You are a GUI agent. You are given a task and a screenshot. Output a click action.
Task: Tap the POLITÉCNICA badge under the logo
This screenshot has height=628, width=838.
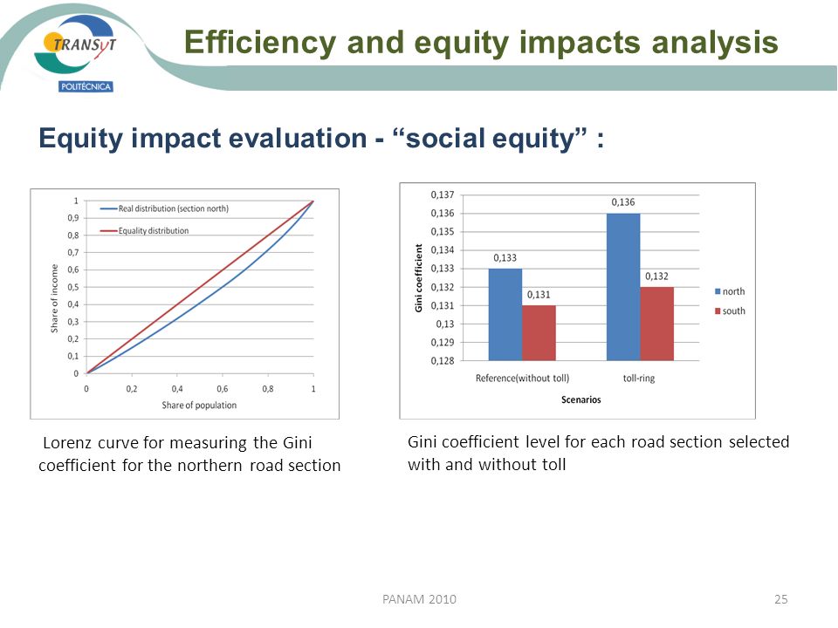click(86, 86)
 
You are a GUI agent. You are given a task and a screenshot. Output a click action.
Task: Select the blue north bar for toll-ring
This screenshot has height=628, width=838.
click(623, 287)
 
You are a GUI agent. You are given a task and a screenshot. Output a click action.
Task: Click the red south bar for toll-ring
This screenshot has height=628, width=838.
click(656, 324)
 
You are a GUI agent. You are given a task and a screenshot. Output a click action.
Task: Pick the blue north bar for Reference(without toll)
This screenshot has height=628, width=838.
click(505, 315)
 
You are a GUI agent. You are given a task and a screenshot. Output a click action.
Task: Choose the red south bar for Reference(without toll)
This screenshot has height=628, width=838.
click(539, 333)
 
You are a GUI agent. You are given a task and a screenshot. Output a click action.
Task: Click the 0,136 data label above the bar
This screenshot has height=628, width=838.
click(623, 202)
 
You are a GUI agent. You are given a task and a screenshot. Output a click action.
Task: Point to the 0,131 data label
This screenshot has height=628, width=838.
click(539, 295)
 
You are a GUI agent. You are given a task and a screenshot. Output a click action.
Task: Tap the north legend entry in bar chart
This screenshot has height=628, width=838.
click(730, 291)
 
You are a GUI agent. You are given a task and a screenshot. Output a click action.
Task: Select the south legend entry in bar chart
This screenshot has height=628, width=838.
click(730, 311)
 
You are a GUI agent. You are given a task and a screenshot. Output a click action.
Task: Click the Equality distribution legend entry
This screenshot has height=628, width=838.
click(144, 230)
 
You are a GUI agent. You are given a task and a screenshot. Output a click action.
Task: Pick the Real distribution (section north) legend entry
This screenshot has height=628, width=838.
click(164, 208)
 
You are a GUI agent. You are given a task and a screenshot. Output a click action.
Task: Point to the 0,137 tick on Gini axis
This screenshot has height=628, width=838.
click(443, 195)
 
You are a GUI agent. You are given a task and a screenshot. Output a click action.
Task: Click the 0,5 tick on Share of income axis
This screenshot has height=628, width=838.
click(73, 287)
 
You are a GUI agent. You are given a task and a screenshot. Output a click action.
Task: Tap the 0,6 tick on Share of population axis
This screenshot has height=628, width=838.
click(223, 389)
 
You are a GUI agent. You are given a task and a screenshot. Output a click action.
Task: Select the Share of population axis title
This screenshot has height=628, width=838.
click(199, 406)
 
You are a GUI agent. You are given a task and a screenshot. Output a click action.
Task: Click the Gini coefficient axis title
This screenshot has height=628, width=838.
click(418, 277)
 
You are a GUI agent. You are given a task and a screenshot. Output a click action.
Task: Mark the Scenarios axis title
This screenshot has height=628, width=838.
click(581, 399)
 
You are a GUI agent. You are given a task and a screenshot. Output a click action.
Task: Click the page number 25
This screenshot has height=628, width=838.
click(780, 599)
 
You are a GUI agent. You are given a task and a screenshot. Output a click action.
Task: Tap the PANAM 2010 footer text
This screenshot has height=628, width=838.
click(420, 599)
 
